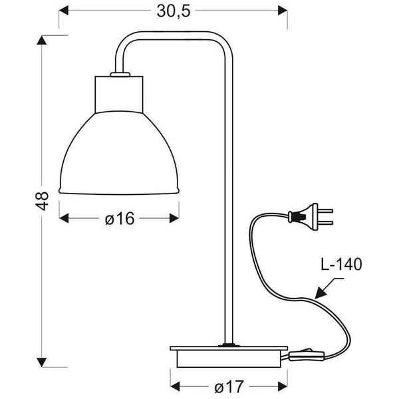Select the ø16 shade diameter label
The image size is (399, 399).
click(x=120, y=218)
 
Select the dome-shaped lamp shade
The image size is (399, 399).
click(x=120, y=153)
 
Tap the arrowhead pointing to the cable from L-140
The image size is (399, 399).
click(x=320, y=292)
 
